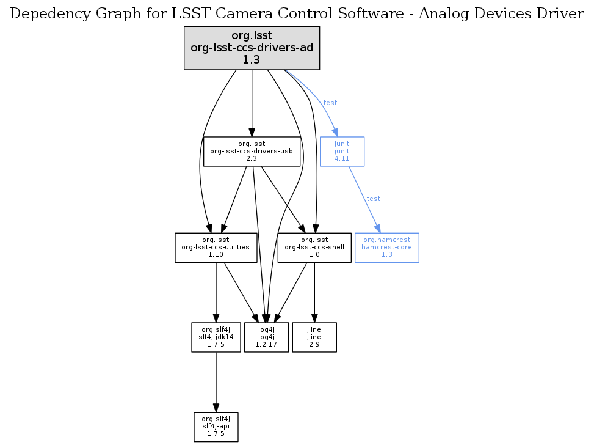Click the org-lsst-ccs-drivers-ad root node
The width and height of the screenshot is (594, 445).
(252, 48)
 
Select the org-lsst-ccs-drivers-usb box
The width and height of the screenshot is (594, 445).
(252, 151)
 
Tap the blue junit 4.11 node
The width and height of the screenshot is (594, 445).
(342, 151)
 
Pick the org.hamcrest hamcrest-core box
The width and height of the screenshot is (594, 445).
(386, 248)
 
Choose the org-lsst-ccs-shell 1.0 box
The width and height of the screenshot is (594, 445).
(314, 248)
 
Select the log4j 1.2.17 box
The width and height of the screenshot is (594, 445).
(266, 337)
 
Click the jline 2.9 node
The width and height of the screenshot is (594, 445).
(314, 337)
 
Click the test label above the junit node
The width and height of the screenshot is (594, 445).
(330, 103)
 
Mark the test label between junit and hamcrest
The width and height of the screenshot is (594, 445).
(373, 199)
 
